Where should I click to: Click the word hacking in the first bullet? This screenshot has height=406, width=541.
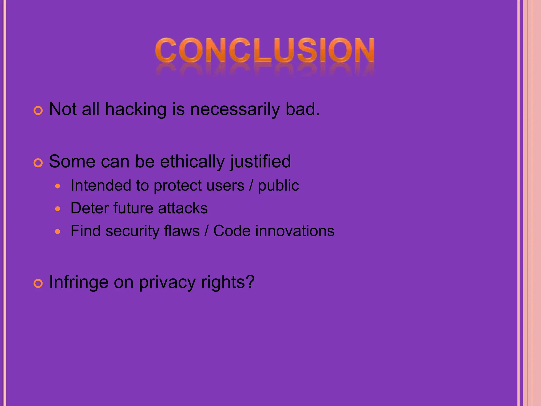tap(136, 109)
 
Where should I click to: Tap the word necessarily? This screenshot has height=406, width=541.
tap(235, 109)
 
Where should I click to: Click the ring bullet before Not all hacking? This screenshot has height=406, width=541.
tap(38, 111)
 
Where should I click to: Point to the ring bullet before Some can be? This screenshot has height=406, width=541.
tap(38, 163)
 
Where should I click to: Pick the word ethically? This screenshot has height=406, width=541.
tap(192, 162)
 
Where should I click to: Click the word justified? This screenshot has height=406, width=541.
tap(260, 162)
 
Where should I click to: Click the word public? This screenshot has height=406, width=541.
tap(278, 186)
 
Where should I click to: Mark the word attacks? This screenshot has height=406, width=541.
tap(183, 208)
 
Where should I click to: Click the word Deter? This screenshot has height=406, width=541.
tap(89, 208)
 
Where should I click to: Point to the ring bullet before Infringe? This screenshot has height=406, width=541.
tap(38, 284)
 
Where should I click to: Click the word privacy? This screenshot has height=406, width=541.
tap(167, 282)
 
